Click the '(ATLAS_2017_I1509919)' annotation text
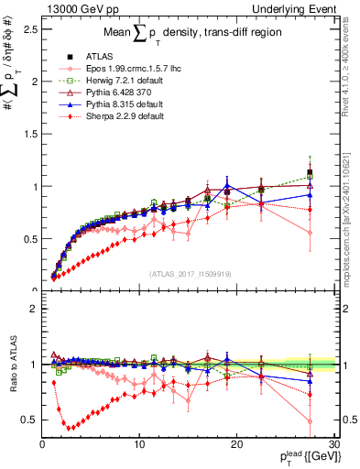190,272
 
